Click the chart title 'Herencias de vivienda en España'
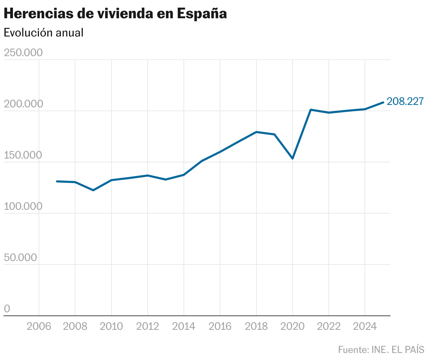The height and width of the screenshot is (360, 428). point(115,13)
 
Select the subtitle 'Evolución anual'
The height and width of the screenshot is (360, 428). point(44,33)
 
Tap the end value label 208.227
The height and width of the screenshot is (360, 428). point(405,101)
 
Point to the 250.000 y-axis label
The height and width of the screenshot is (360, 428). point(23,53)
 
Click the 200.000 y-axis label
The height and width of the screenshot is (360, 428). point(23,104)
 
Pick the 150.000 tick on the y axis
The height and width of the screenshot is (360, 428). point(23,155)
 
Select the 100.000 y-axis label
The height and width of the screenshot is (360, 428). point(23,206)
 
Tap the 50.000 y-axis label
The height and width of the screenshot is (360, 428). point(20,258)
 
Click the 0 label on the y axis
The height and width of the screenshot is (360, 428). point(7,309)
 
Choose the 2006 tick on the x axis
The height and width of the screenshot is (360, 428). point(39,326)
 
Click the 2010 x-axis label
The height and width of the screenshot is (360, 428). point(111,326)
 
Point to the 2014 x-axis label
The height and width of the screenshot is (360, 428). point(184,326)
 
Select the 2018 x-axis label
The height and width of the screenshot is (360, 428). point(256,326)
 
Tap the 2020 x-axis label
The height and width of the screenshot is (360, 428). point(293,326)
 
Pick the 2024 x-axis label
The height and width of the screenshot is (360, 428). point(365,326)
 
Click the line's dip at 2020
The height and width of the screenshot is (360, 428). point(293,159)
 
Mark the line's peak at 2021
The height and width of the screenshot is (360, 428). point(311,110)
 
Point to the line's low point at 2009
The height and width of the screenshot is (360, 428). point(93,190)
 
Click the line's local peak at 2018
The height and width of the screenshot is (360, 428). point(256,132)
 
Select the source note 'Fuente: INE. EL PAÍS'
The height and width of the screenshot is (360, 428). point(381,350)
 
